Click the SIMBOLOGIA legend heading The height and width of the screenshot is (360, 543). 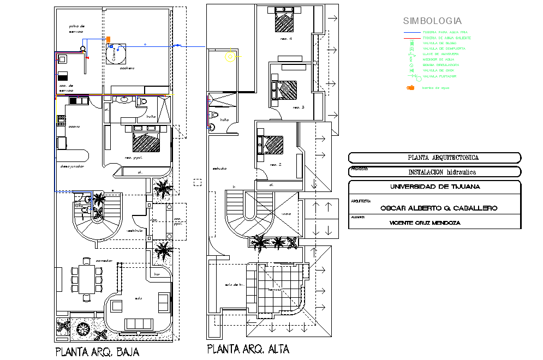click(432, 21)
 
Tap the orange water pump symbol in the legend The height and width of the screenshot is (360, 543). click(411, 88)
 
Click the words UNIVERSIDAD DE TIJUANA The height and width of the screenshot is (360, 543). click(435, 187)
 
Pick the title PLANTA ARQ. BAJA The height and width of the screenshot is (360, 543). click(97, 352)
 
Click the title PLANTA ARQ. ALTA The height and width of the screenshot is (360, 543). click(248, 349)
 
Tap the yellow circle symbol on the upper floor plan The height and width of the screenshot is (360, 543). click(231, 55)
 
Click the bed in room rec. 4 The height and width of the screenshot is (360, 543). click(284, 21)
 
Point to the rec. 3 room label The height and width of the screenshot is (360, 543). click(299, 107)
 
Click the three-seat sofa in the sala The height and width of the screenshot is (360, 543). click(139, 323)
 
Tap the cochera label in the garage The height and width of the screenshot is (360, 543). click(127, 68)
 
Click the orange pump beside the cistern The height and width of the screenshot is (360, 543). click(108, 39)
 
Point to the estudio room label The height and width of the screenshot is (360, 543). click(220, 168)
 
